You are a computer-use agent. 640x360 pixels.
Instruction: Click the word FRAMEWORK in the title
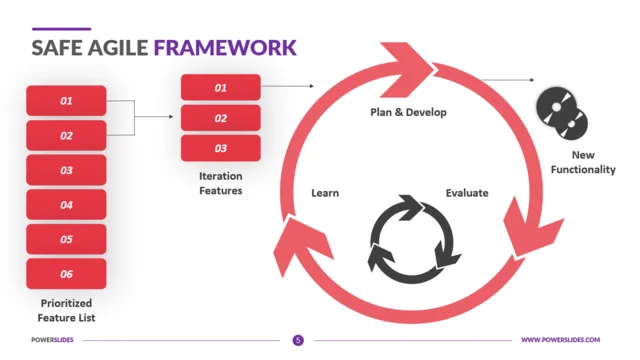pos(225,47)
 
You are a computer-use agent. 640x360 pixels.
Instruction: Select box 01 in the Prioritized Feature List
pos(66,101)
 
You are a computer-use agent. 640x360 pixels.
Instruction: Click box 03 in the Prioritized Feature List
pos(66,170)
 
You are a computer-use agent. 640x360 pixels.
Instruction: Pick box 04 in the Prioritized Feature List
pos(66,205)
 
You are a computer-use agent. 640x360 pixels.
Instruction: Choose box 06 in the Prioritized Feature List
pos(66,273)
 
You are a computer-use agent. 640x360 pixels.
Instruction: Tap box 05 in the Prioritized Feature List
pos(66,239)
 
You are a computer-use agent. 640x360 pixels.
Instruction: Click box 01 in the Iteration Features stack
pos(220,88)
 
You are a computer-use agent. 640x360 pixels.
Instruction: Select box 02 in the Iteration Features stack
pos(220,118)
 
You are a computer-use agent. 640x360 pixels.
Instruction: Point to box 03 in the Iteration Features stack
pos(220,148)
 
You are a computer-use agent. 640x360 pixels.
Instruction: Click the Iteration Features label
pos(220,183)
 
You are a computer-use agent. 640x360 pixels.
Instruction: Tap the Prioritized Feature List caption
pos(67,310)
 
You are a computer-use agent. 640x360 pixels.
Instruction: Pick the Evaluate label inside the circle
pos(466,192)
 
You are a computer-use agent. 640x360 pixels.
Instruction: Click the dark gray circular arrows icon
pos(414,237)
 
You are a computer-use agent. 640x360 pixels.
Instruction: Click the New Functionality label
pos(582,163)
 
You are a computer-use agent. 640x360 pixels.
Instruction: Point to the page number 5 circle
pos(298,340)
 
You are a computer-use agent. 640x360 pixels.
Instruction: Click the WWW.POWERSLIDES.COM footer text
pos(560,340)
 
